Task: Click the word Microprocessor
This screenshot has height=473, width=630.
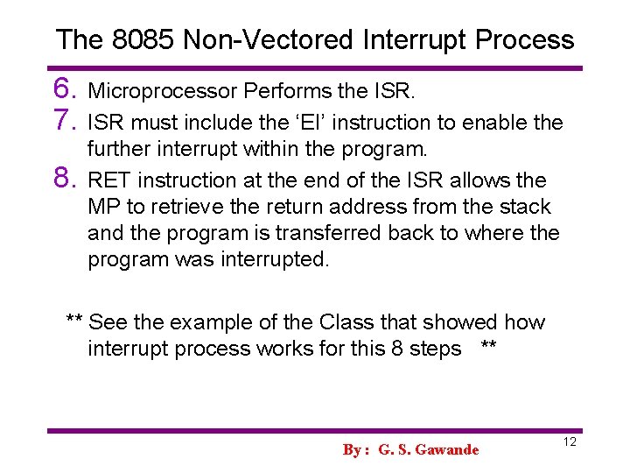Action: point(164,92)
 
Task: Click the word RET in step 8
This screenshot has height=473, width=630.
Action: point(111,180)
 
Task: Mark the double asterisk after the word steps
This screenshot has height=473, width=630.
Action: point(489,349)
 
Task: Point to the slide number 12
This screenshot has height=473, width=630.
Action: point(569,442)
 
